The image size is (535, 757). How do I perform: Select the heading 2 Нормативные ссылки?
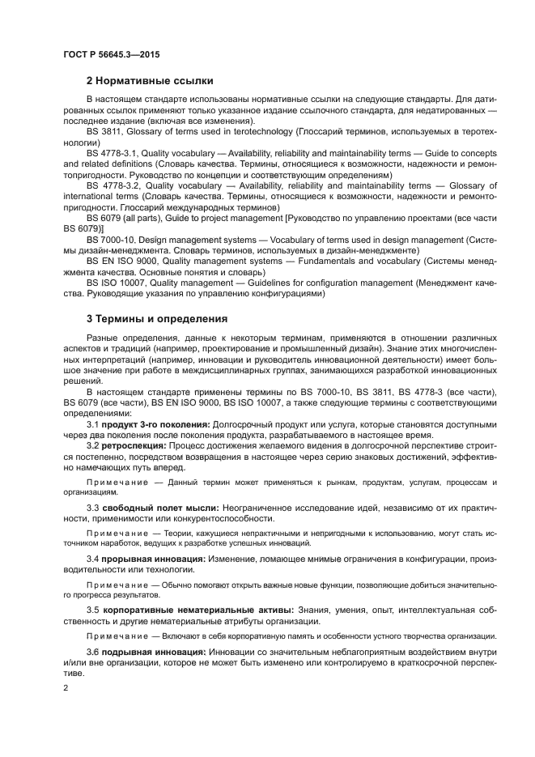click(x=150, y=80)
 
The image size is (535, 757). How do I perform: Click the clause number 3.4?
click(x=92, y=559)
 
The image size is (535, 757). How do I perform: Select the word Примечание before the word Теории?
click(x=114, y=532)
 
